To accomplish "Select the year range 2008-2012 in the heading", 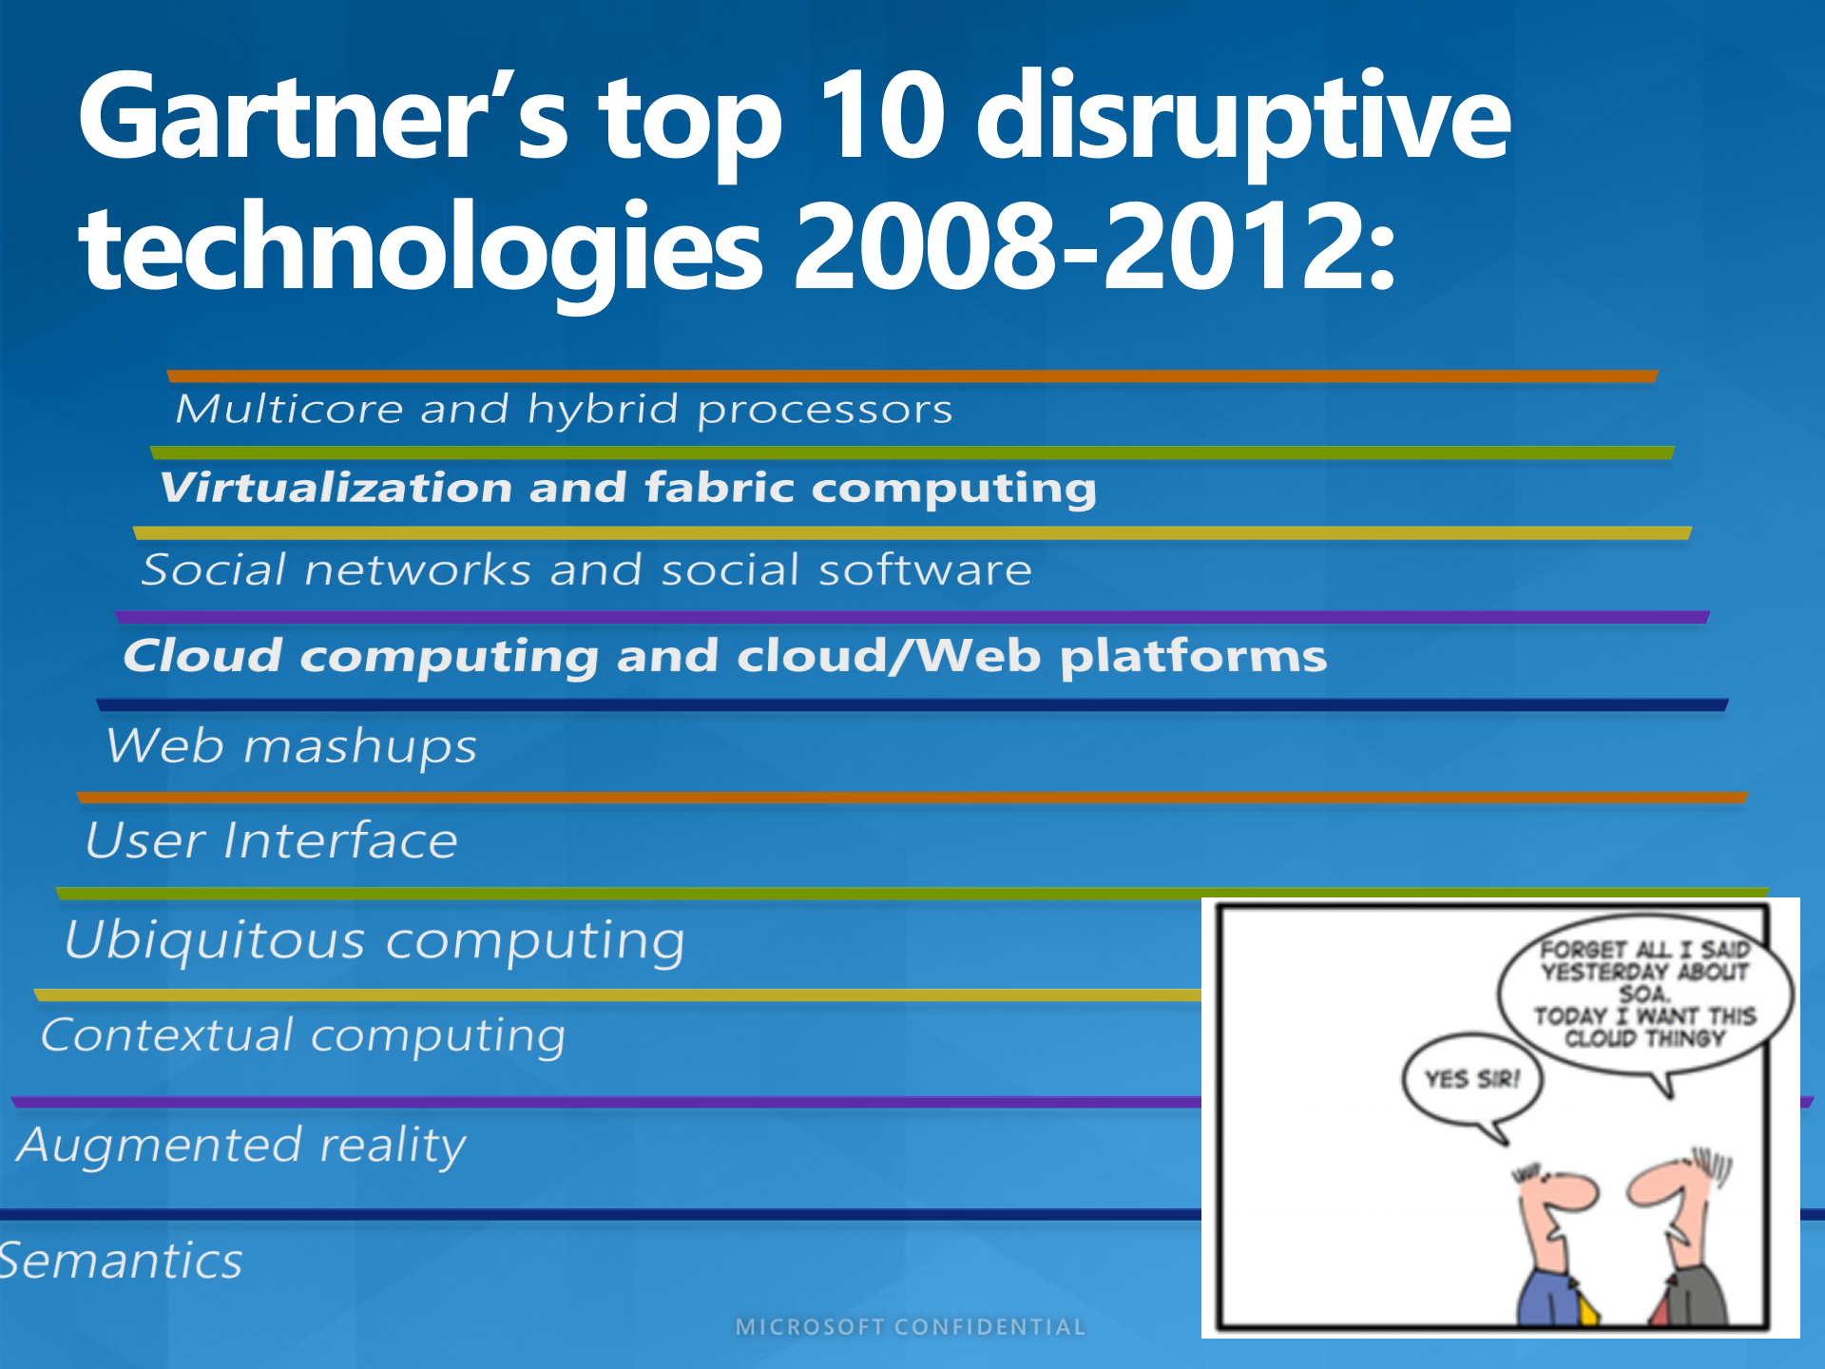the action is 1093,247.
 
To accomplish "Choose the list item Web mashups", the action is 291,746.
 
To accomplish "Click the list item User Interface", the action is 272,840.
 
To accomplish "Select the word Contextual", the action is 167,1034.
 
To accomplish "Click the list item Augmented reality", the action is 241,1145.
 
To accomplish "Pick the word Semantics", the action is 120,1262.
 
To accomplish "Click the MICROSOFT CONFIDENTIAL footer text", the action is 911,1327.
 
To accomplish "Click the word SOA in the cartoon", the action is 1643,994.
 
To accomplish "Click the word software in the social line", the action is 925,570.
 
